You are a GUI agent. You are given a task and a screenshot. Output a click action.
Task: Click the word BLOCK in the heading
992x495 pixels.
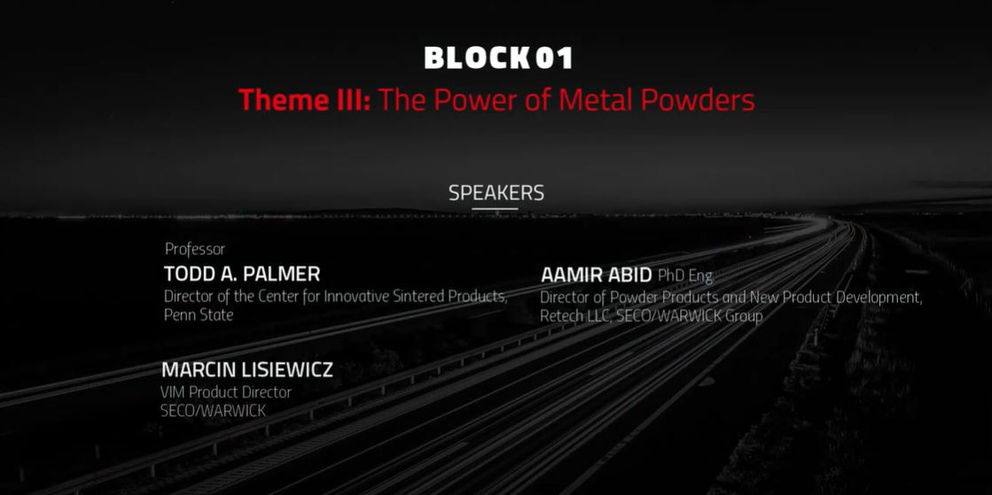[476, 58]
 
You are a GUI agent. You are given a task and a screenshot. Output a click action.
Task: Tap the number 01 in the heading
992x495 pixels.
[554, 58]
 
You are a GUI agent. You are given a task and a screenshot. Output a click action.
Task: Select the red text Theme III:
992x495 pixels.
[304, 100]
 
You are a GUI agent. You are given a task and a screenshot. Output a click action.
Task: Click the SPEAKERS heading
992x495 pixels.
[496, 193]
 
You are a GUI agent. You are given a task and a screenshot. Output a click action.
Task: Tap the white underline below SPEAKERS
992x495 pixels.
[495, 209]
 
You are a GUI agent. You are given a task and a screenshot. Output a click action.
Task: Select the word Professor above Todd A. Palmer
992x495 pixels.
[195, 249]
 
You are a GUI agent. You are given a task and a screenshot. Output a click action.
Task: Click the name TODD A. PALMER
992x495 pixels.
[242, 275]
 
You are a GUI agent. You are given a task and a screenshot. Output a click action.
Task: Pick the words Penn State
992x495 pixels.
[199, 315]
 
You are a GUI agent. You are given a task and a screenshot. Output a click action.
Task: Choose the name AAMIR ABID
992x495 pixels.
[596, 275]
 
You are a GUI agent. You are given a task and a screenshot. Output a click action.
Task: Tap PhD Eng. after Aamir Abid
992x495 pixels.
[686, 276]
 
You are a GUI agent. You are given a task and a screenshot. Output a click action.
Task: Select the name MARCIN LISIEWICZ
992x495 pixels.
[246, 370]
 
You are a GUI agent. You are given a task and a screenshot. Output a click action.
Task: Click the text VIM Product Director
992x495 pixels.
[226, 392]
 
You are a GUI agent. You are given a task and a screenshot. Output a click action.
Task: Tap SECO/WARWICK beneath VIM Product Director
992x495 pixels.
[213, 411]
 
